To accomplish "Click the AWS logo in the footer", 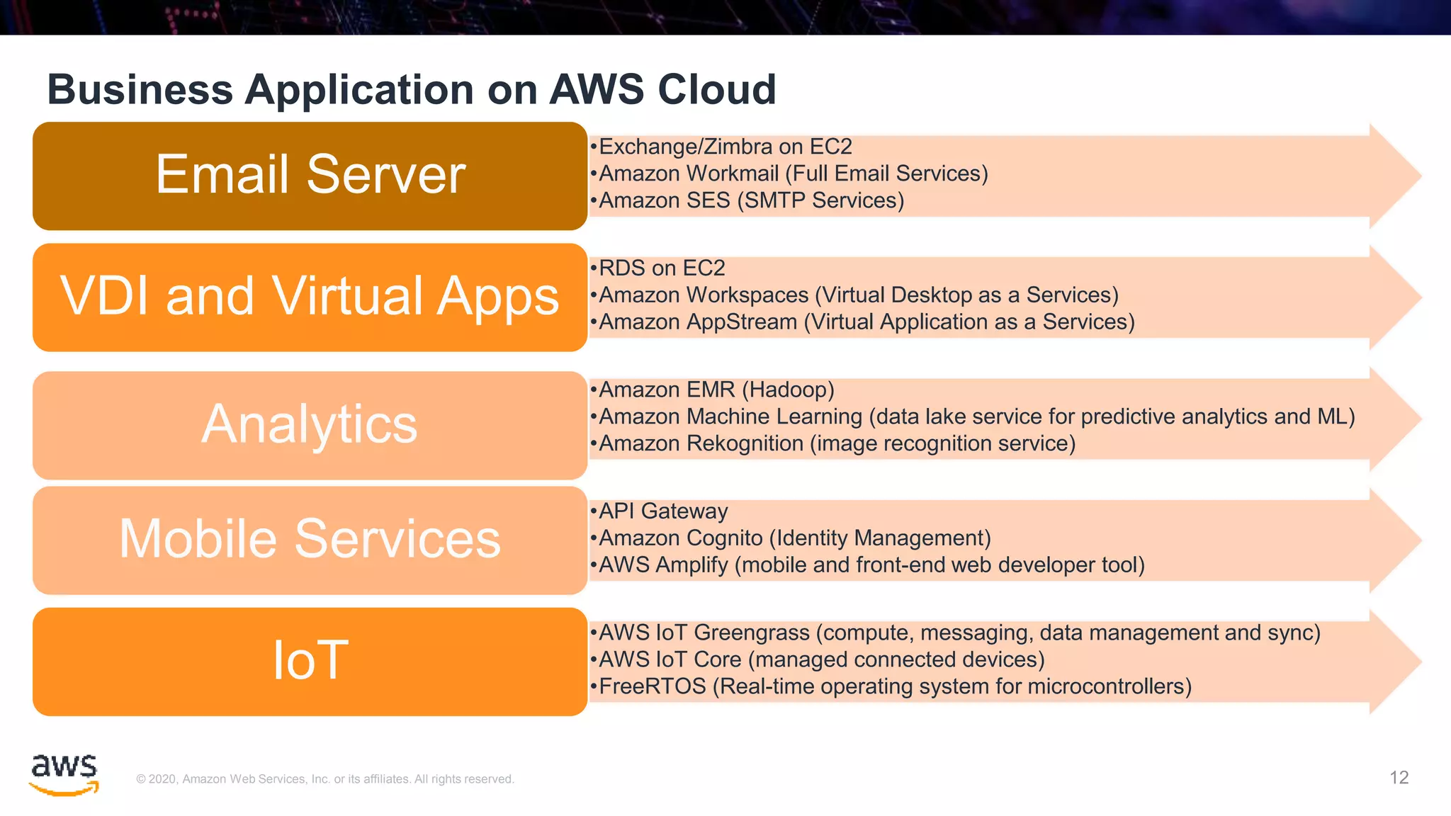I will [x=64, y=774].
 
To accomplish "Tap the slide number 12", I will [x=1399, y=778].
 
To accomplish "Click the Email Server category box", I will [x=310, y=176].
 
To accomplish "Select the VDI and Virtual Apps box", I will [x=310, y=297].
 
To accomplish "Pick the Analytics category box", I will [x=310, y=425].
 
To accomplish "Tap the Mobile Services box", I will [x=310, y=540].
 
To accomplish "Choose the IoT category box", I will [x=310, y=661].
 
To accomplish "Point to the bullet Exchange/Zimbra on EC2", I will [x=725, y=147].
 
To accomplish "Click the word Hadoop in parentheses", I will [x=788, y=390].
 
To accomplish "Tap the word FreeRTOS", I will [x=653, y=686].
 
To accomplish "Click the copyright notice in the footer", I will [x=325, y=779].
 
